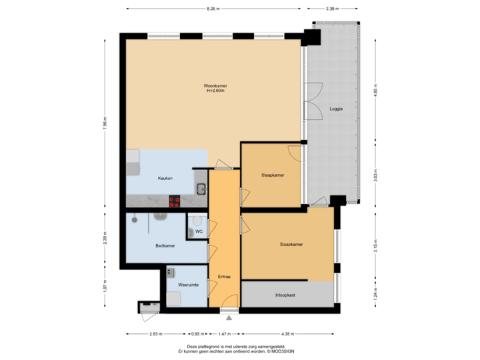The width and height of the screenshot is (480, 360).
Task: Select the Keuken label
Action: click(x=165, y=179)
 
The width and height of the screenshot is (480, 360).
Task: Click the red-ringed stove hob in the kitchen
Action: click(x=175, y=200)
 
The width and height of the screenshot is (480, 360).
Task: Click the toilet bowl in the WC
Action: click(x=192, y=231)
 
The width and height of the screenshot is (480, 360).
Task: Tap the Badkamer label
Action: click(x=165, y=245)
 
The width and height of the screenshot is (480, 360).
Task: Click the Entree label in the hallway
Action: click(x=224, y=276)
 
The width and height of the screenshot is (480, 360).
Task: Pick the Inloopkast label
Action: click(x=287, y=294)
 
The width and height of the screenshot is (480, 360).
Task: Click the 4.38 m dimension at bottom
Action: click(x=287, y=334)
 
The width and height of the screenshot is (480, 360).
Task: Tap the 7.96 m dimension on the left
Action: click(x=105, y=123)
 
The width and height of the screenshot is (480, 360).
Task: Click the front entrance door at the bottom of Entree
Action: click(x=229, y=309)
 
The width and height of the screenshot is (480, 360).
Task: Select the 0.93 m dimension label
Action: click(x=198, y=334)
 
